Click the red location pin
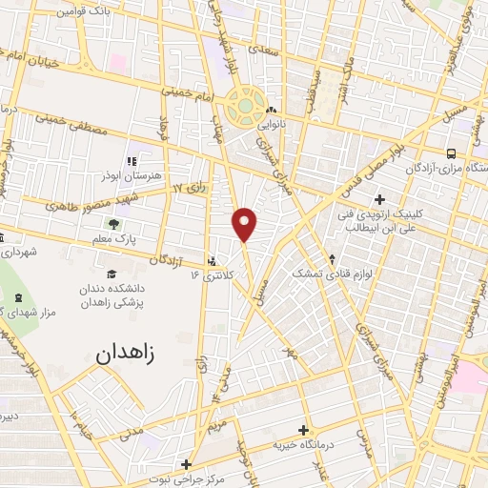tap(245, 224)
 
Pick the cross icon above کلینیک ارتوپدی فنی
tap(380, 199)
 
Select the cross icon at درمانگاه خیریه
tap(303, 430)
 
